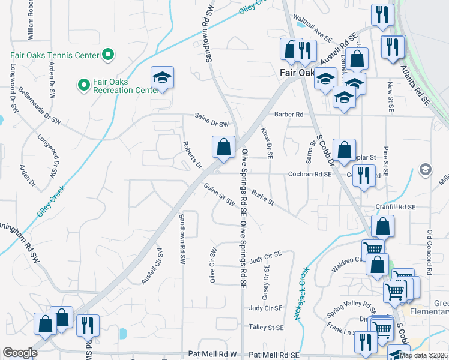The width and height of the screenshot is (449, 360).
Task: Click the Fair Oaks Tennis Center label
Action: (54, 56)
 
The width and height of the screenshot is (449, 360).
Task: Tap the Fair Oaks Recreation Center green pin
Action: (83, 83)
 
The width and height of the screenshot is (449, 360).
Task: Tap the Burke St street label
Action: (263, 198)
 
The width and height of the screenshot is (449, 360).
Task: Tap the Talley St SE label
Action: (266, 328)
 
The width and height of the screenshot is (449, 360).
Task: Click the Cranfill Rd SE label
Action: (395, 206)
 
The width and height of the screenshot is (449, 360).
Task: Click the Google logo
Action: (20, 353)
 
